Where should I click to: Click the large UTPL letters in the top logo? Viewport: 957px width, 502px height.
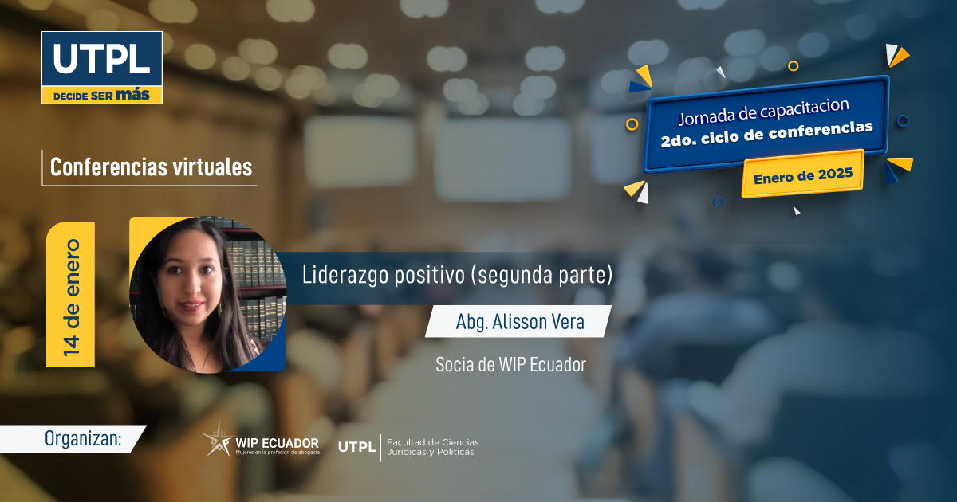(102, 58)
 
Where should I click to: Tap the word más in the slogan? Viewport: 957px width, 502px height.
(132, 94)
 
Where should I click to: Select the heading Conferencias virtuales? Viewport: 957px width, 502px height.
(151, 167)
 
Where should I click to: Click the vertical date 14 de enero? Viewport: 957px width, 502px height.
(71, 297)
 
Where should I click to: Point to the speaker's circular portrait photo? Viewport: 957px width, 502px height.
(207, 294)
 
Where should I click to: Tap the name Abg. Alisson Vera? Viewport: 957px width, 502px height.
(520, 322)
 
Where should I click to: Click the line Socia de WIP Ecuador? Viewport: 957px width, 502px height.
(510, 365)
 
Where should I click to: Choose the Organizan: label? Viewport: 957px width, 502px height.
(83, 439)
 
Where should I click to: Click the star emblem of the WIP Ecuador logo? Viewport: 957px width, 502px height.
(218, 440)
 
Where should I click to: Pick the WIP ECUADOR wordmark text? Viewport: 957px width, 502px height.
(278, 444)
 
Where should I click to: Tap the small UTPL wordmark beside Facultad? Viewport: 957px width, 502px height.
(356, 447)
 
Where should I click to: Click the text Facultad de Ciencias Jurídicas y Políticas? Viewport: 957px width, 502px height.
(433, 447)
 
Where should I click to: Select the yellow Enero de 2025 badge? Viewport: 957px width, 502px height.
(803, 175)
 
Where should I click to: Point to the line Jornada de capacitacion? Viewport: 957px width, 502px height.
(763, 112)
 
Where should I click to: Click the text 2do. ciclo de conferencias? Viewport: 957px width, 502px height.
(766, 134)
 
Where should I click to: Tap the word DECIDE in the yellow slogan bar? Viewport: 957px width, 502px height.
(71, 96)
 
